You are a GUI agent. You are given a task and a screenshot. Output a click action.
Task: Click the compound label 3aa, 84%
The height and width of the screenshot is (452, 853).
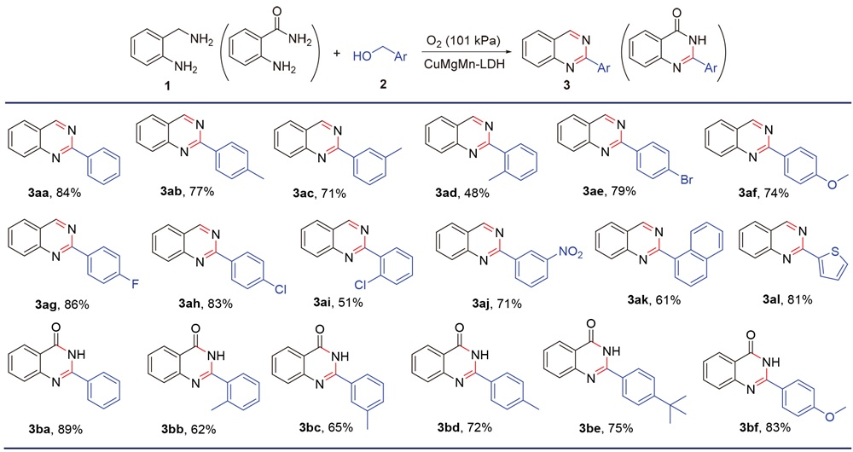click(52, 192)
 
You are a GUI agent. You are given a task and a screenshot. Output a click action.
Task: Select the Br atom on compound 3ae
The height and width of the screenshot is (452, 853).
click(687, 179)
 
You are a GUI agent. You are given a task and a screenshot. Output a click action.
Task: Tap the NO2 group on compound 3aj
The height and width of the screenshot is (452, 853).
click(570, 252)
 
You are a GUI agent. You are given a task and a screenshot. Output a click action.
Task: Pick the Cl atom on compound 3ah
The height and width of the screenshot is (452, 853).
click(280, 289)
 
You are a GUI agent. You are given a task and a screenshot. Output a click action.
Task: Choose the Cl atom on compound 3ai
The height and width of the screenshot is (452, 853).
click(361, 285)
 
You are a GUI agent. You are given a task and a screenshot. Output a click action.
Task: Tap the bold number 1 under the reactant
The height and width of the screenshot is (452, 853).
click(167, 86)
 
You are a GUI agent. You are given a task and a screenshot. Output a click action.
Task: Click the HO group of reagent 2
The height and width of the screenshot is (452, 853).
click(363, 56)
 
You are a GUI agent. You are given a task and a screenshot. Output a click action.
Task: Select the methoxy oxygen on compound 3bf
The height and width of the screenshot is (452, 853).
click(832, 417)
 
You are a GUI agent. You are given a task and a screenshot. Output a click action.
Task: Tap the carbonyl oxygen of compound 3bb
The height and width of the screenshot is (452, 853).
click(196, 329)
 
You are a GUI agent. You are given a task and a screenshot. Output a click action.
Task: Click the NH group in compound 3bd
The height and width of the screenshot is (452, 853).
click(479, 355)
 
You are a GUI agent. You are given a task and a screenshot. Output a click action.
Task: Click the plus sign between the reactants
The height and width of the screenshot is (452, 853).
click(336, 54)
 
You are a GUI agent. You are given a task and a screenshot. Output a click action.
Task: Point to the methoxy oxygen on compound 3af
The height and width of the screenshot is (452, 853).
click(832, 183)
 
